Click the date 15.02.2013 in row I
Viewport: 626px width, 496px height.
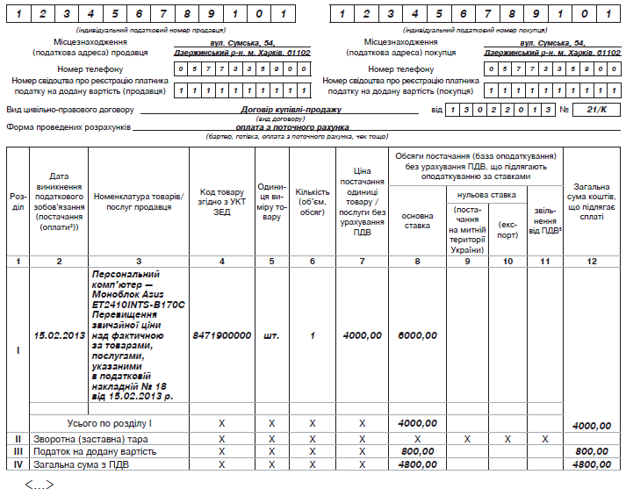point(58,335)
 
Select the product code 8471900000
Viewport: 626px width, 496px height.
point(221,335)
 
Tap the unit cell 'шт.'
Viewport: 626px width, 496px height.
point(272,335)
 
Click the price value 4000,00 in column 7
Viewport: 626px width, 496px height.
point(362,335)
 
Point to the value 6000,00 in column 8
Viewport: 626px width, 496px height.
point(417,335)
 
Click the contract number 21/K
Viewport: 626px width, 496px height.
point(597,110)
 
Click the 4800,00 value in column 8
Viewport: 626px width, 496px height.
point(417,464)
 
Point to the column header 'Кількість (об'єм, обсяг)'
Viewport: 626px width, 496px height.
point(313,201)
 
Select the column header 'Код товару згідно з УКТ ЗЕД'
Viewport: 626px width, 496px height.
point(221,201)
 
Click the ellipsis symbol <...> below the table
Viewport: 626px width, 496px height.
point(39,484)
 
